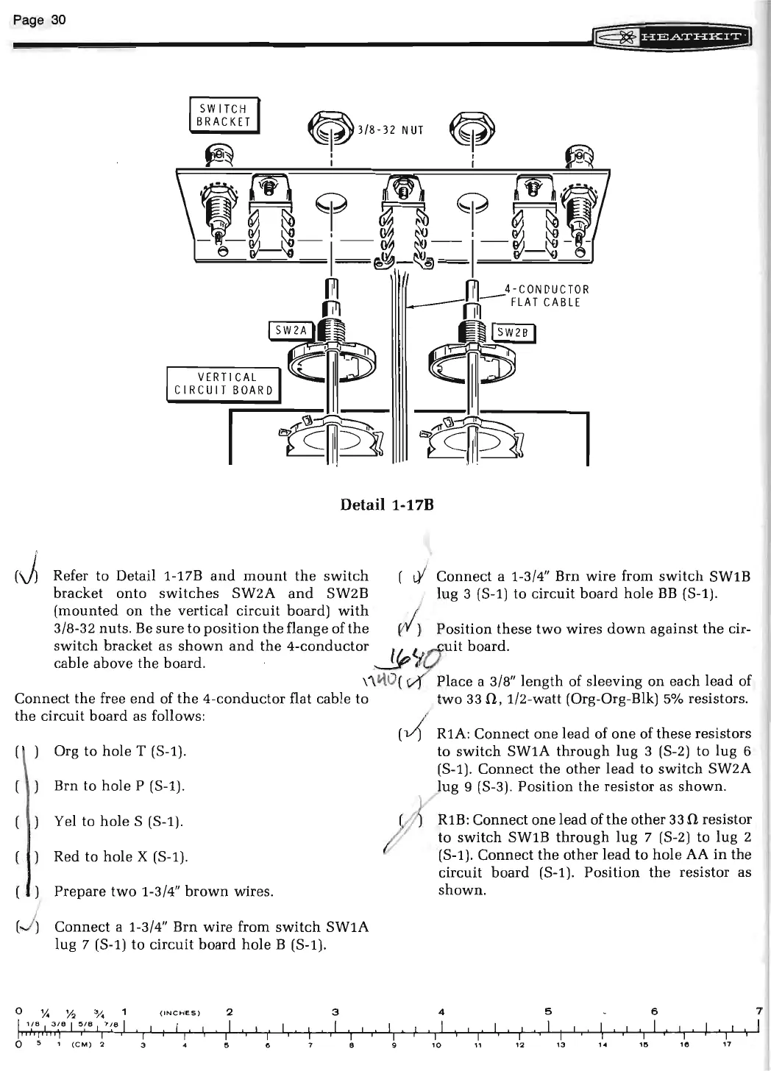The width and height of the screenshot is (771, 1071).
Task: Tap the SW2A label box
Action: coord(291,332)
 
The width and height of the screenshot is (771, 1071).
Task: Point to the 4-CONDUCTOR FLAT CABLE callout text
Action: coord(545,296)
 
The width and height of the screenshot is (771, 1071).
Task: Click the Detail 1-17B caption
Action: coord(385,505)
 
